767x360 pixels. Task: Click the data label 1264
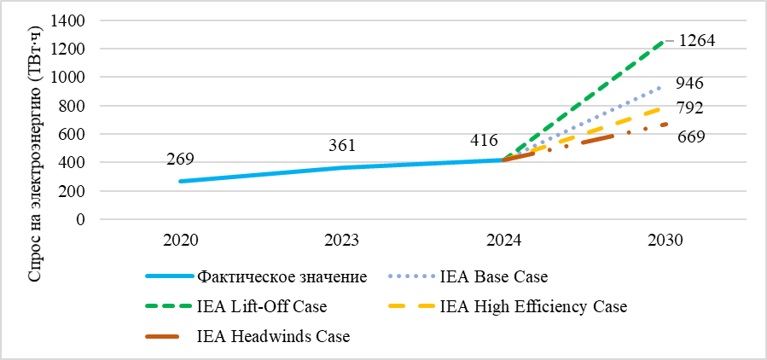pos(696,40)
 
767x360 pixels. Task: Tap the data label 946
pos(689,84)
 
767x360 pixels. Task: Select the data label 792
pos(689,108)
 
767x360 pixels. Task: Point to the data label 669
pos(691,136)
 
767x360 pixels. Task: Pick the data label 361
pos(342,145)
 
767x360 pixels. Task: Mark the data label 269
pos(181,159)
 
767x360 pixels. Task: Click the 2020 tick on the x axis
pos(181,241)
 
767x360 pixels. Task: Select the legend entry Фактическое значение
pos(282,276)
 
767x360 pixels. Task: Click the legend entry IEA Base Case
pos(493,276)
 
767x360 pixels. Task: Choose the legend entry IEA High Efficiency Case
pos(533,306)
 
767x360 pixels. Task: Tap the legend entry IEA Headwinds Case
pos(272,336)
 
